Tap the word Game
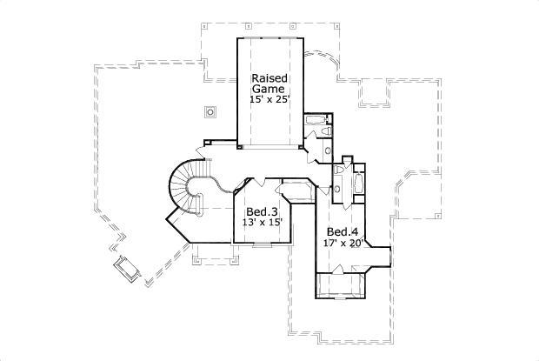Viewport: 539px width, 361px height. [269, 89]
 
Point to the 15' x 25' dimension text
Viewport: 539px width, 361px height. [269, 100]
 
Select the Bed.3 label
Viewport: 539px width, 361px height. [261, 212]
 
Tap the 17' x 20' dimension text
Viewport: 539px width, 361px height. [343, 243]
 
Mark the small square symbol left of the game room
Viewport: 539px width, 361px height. [210, 110]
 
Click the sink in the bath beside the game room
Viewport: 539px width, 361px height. [328, 150]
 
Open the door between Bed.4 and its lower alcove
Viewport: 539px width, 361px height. [343, 272]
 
